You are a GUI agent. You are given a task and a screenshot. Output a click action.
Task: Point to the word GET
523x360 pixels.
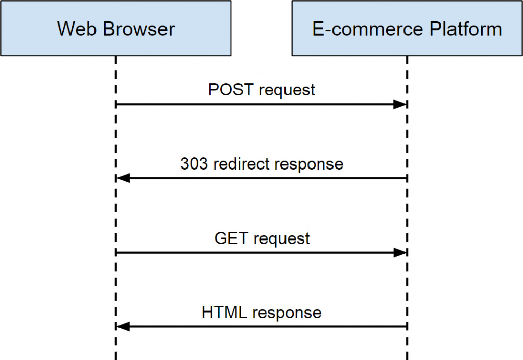coord(231,238)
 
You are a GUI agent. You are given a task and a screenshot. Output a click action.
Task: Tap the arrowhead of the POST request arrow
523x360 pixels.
coord(399,104)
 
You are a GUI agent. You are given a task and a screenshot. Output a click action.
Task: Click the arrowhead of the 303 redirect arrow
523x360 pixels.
coord(123,178)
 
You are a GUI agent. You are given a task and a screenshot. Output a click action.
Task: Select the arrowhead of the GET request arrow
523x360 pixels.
coord(399,252)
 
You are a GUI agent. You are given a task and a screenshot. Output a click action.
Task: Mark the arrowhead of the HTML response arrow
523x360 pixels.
coord(123,326)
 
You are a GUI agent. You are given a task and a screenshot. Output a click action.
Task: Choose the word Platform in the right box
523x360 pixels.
coord(465,29)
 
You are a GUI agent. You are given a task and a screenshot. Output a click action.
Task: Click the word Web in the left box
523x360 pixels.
coord(77,29)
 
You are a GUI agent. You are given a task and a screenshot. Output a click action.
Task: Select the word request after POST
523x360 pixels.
coord(287,90)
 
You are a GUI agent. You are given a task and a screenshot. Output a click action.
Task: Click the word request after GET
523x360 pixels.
coord(281,238)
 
